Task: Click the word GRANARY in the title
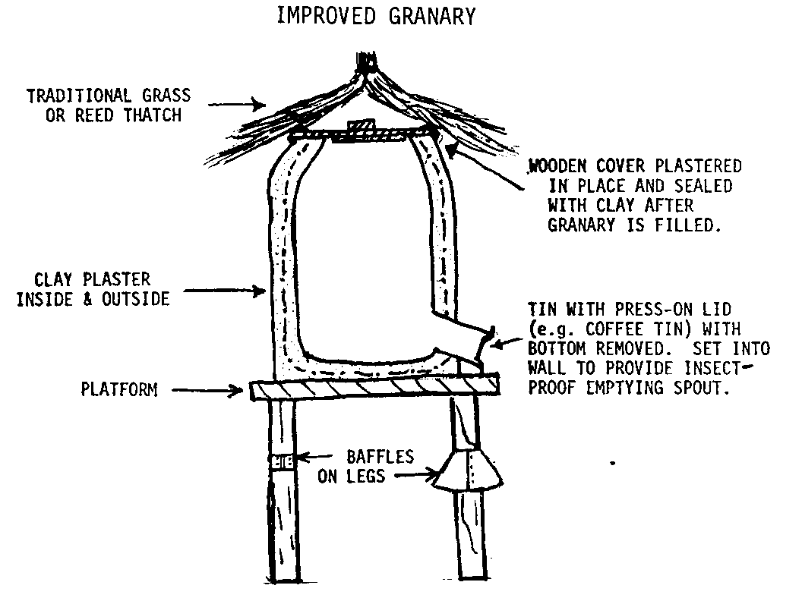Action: [x=435, y=16]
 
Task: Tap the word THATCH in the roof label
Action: [x=153, y=115]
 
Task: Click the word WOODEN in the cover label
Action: [x=567, y=166]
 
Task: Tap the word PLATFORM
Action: [x=119, y=390]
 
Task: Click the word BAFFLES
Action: [x=380, y=458]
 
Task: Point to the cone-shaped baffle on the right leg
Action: [x=467, y=467]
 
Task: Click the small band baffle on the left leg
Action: [x=284, y=461]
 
